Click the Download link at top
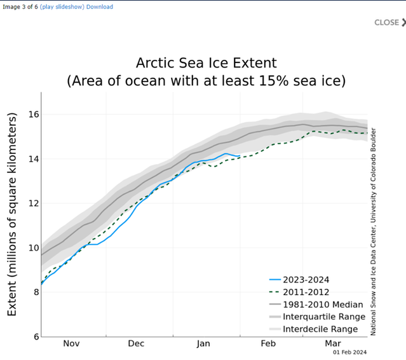100,7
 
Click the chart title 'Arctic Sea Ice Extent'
206,63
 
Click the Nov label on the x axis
71,343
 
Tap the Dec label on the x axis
137,343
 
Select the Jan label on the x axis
203,343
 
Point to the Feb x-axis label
267,343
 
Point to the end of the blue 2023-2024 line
240,156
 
